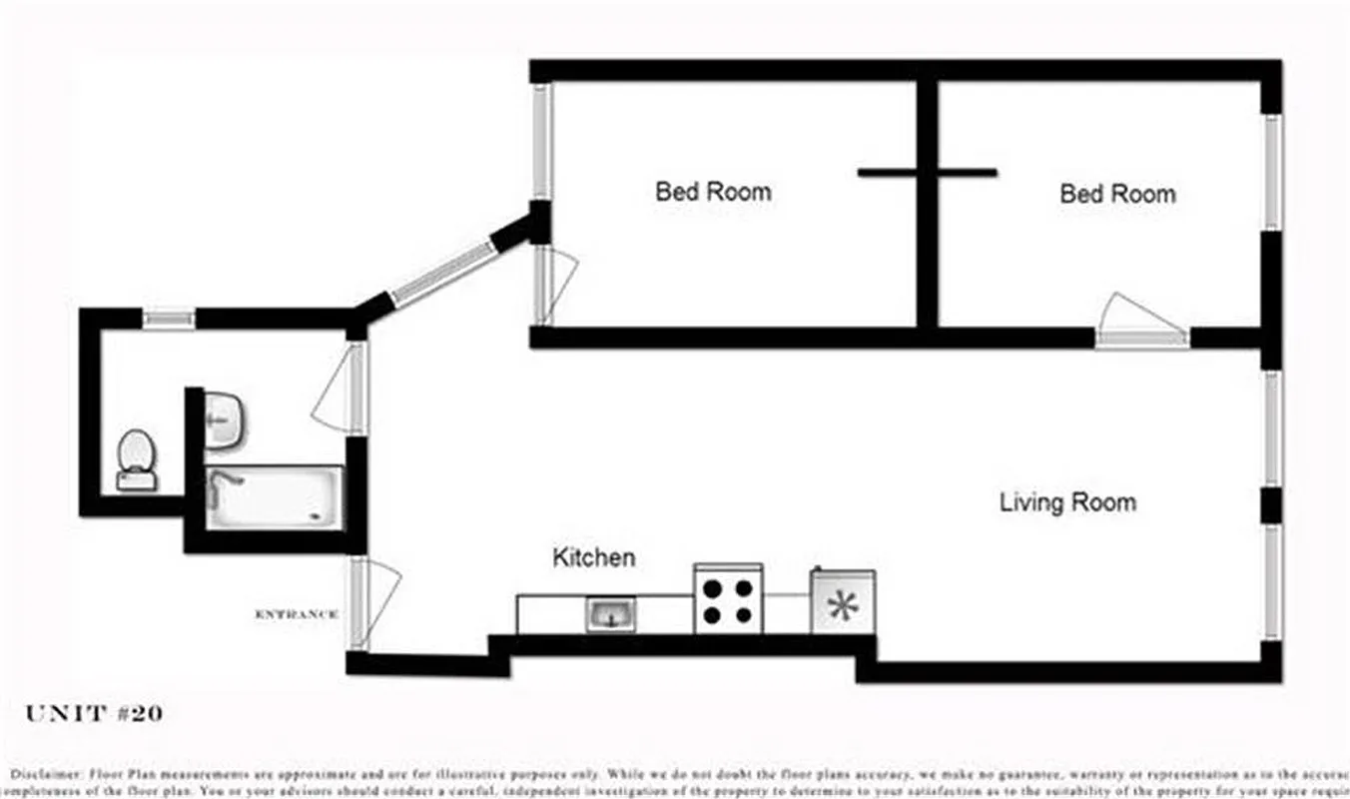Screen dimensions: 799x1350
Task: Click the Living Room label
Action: (x=1067, y=501)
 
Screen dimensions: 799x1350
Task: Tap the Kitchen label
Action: (x=593, y=557)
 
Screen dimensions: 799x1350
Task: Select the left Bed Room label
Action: (x=713, y=191)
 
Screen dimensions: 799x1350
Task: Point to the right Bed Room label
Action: (x=1117, y=193)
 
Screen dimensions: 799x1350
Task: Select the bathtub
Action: (x=274, y=497)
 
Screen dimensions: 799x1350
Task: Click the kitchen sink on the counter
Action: (x=610, y=613)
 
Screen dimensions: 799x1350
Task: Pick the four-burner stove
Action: (x=728, y=599)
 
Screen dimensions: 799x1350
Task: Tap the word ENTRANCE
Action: (x=297, y=614)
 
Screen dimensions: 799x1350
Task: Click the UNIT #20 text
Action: (x=94, y=713)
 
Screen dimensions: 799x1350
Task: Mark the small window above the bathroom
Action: (x=168, y=319)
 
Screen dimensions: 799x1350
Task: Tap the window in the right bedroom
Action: (x=1272, y=172)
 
